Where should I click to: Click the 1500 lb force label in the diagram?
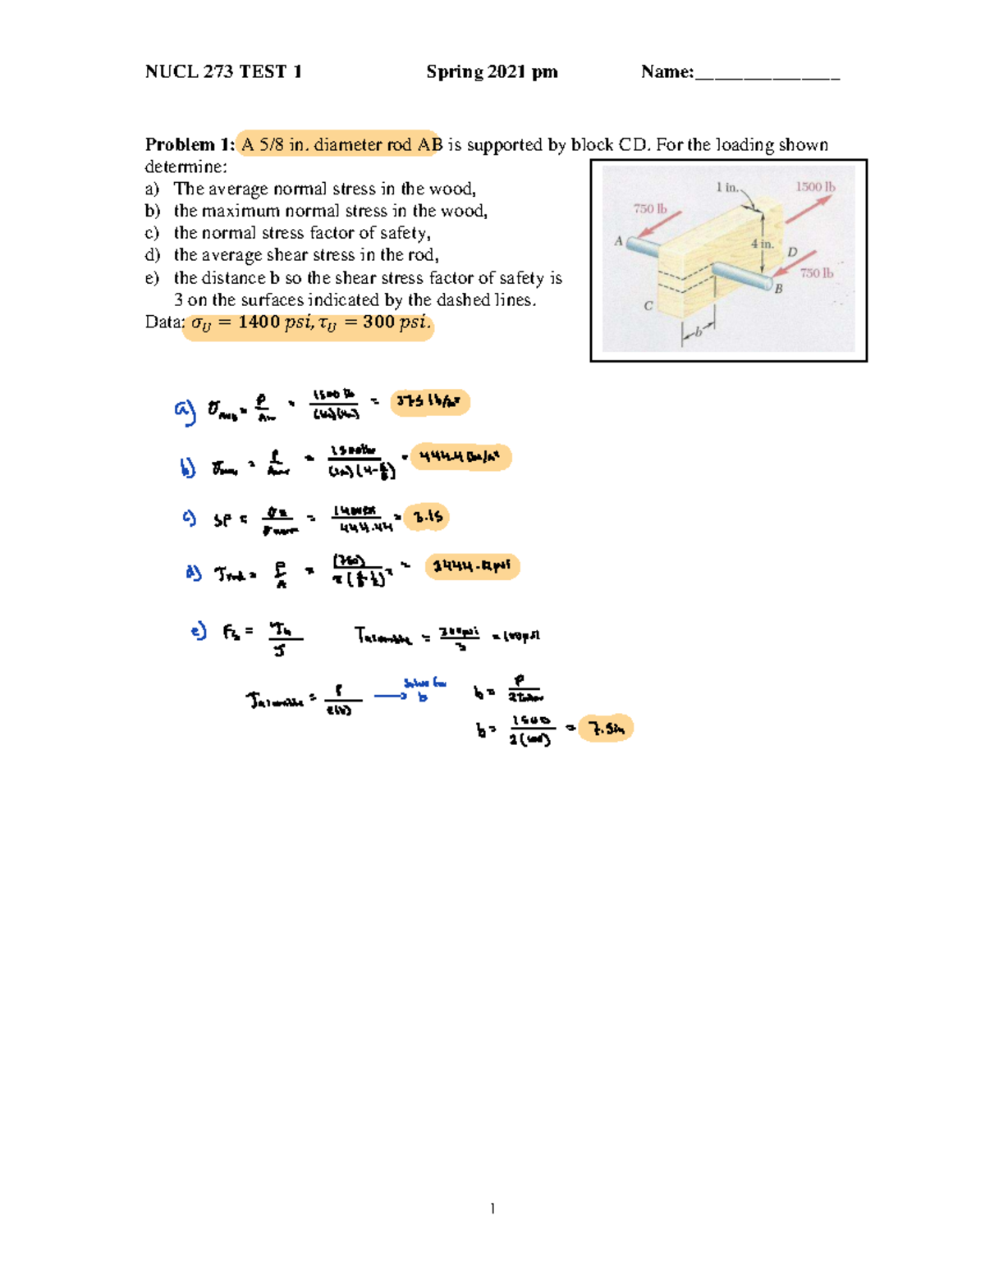click(814, 187)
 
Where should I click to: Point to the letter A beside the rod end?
click(618, 241)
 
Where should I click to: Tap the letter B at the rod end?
click(778, 289)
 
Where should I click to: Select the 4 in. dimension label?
click(762, 244)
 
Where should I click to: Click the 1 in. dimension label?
click(726, 187)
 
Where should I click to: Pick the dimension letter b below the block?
click(699, 331)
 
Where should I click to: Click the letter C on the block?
click(648, 306)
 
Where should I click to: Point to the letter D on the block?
click(792, 252)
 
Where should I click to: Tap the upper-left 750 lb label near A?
click(650, 209)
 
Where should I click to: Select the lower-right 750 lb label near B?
click(816, 273)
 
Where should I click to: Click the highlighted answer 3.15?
click(428, 517)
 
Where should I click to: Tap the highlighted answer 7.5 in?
click(606, 729)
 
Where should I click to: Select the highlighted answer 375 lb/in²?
click(429, 402)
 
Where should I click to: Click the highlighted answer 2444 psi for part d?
click(472, 566)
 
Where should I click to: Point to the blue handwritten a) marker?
click(185, 409)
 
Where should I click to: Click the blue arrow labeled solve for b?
click(392, 696)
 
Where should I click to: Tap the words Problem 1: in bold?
click(190, 145)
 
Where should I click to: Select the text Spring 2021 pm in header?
click(492, 72)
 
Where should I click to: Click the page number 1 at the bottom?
click(492, 1208)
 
